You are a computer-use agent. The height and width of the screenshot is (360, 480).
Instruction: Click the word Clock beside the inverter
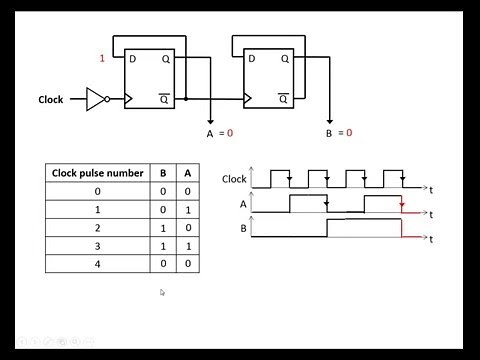(51, 100)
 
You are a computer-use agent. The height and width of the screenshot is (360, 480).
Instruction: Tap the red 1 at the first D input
(101, 58)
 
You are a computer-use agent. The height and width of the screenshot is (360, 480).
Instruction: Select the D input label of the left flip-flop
(132, 59)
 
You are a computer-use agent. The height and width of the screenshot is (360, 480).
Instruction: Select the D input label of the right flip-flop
(251, 59)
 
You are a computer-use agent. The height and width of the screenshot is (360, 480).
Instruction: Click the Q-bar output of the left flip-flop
(164, 98)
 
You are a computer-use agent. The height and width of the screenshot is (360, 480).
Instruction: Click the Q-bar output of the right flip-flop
(283, 98)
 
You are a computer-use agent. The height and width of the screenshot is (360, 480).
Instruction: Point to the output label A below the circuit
(210, 133)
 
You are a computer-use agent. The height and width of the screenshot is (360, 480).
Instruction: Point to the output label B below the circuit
(329, 133)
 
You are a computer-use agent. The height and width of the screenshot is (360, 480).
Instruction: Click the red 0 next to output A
(230, 133)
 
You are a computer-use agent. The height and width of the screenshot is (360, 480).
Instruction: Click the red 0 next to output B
(349, 133)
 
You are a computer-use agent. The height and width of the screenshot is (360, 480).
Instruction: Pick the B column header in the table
(163, 172)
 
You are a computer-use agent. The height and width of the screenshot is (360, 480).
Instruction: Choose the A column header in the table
(186, 172)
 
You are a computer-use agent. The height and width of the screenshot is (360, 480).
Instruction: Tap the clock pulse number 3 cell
(97, 245)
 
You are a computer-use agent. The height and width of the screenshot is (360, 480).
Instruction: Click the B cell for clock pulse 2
(163, 227)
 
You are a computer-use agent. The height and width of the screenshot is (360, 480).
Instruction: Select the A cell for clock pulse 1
(186, 209)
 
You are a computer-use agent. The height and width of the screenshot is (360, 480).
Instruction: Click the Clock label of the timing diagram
(234, 179)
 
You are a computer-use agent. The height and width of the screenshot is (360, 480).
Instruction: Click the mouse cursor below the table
(161, 293)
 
